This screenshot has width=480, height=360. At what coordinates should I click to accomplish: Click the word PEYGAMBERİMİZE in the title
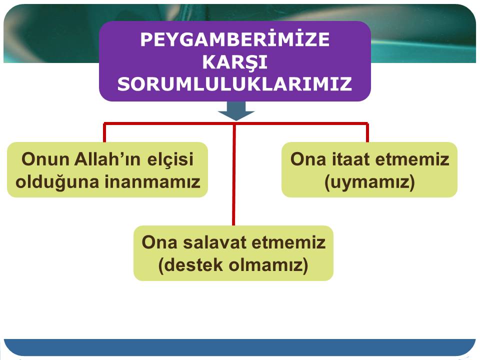235,39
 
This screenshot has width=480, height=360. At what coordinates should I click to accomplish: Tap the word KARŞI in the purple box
235,62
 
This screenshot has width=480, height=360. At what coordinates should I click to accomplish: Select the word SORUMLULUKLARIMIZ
235,84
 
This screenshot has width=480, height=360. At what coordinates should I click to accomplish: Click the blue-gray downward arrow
236,110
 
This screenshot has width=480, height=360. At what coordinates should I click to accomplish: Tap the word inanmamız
152,182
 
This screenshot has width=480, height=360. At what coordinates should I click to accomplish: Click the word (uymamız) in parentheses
369,182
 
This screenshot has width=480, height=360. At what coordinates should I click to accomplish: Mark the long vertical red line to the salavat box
234,174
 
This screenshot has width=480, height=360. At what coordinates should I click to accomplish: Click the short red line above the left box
104,132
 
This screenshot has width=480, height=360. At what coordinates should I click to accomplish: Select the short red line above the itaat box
367,132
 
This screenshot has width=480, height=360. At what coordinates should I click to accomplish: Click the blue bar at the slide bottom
239,347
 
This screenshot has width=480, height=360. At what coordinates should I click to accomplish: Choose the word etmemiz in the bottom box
288,242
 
